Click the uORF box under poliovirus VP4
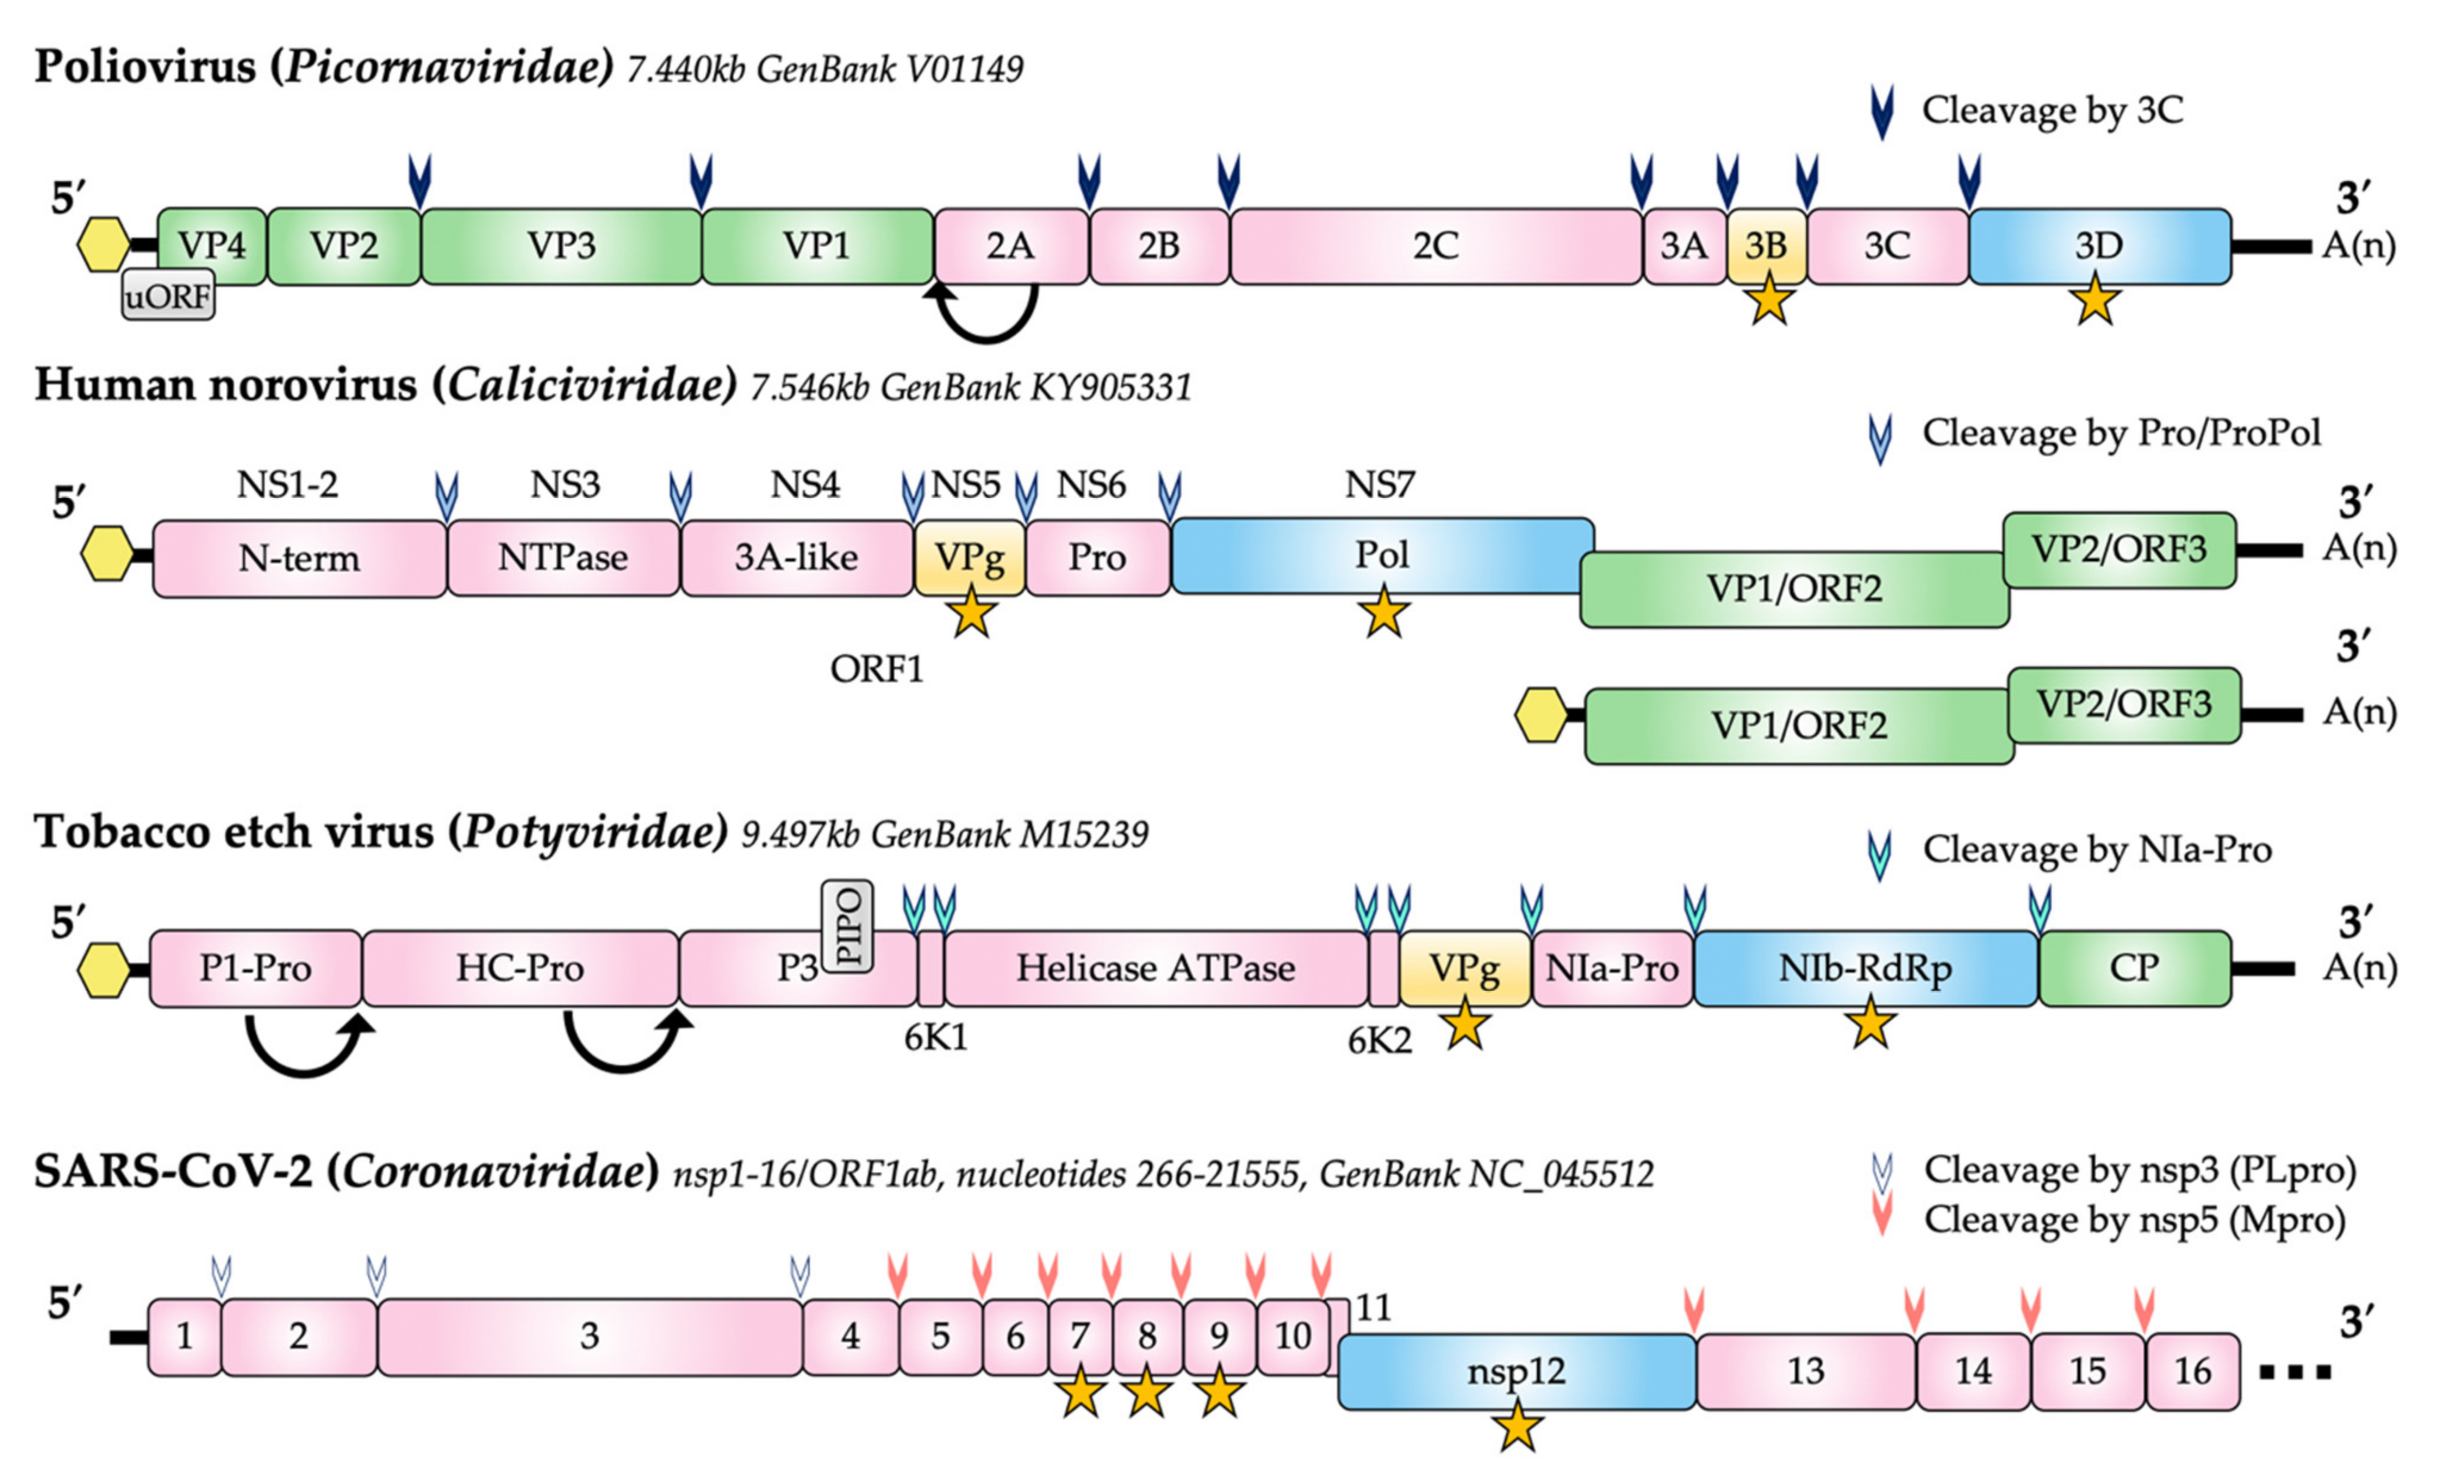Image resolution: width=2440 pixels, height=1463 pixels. [x=167, y=295]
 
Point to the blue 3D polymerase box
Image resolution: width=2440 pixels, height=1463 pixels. [x=2099, y=245]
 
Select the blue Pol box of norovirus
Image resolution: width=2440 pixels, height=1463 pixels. [x=1381, y=555]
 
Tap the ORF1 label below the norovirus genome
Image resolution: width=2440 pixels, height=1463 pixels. [x=876, y=670]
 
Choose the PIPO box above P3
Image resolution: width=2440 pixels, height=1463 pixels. [x=848, y=927]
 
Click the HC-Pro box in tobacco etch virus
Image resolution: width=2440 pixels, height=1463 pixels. [x=519, y=968]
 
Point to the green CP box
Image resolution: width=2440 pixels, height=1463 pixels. [x=2133, y=968]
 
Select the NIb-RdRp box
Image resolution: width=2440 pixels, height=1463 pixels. [x=1865, y=968]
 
